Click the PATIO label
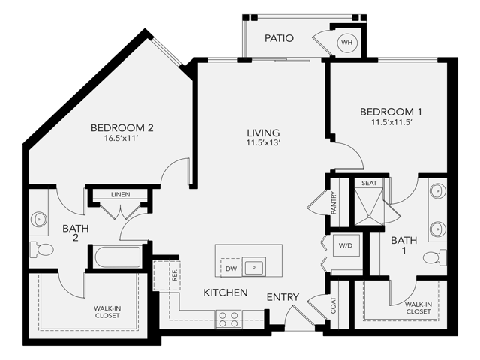pos(280,38)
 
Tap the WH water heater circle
pos(347,43)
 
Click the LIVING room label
pos(264,133)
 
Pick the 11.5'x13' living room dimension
pos(264,144)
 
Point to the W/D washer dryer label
pos(346,245)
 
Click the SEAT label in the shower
pos(369,183)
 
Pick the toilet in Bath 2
pos(41,249)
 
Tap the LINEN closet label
pos(120,195)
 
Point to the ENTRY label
pos(283,297)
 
